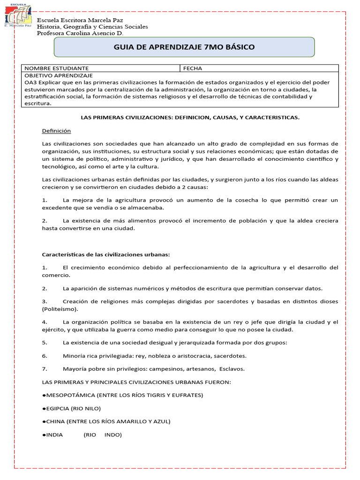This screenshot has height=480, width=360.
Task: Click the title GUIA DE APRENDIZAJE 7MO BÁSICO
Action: (184, 47)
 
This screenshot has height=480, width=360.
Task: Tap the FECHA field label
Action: (192, 68)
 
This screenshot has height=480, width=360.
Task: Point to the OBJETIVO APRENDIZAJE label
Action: (59, 75)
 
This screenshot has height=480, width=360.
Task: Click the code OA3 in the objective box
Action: (30, 82)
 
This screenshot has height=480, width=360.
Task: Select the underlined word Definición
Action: (56, 131)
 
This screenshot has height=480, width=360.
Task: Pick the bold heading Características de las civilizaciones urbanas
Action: (106, 255)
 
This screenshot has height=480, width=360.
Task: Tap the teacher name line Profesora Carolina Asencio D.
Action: (80, 33)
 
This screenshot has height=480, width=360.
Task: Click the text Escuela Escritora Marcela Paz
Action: (81, 20)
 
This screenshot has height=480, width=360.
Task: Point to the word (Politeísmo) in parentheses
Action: (60, 309)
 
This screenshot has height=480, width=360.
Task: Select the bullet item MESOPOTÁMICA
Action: (122, 395)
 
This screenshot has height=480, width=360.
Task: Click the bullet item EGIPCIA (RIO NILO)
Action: (71, 408)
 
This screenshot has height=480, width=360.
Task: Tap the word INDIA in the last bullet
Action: (54, 435)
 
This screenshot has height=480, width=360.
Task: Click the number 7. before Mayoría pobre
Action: (45, 368)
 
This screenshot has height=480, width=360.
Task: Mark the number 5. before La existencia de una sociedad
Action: (45, 343)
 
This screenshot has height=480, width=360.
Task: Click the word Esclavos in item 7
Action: (232, 368)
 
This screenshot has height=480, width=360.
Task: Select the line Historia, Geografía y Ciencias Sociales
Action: (92, 27)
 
